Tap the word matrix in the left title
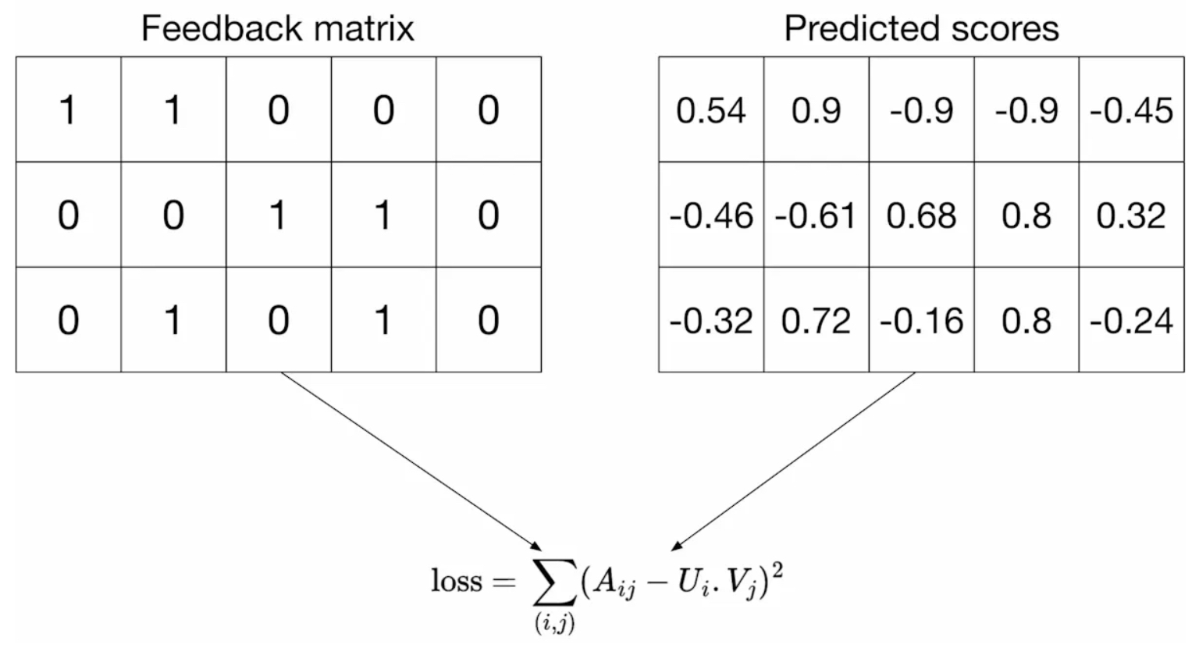[364, 28]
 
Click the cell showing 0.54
[711, 111]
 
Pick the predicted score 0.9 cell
[817, 111]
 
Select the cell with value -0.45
[1132, 111]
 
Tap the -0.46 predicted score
[711, 215]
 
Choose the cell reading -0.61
[817, 215]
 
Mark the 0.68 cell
[921, 215]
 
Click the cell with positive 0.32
[1132, 215]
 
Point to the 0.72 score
[817, 321]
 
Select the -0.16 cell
[921, 321]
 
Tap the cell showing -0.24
[1132, 321]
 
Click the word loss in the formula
[457, 580]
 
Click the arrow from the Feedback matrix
[411, 461]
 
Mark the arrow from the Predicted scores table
[793, 461]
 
